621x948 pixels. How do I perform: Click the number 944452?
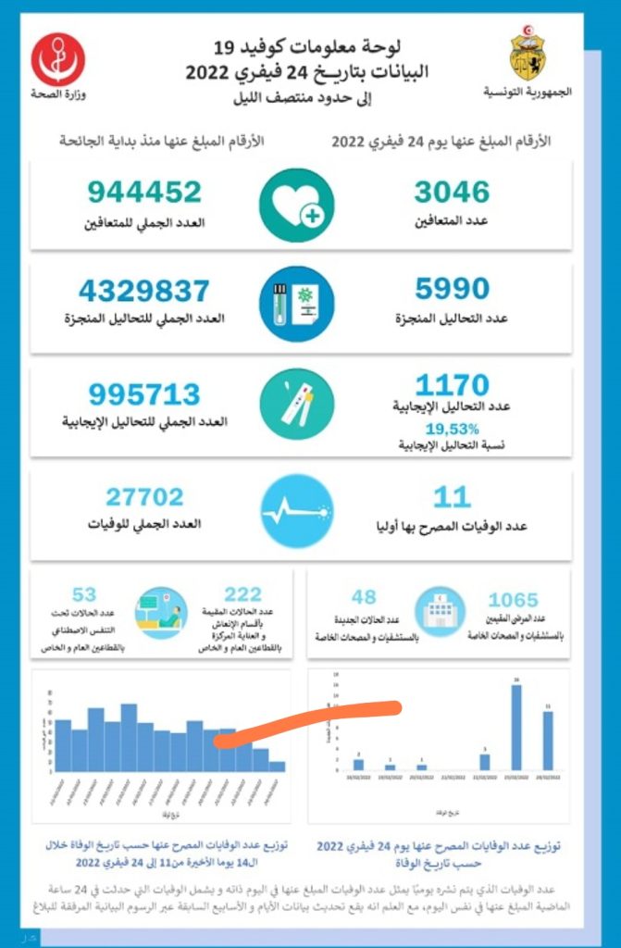click(x=145, y=192)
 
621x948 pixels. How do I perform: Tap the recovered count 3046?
click(x=452, y=192)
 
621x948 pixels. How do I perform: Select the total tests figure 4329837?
click(x=144, y=291)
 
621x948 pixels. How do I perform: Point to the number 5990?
click(x=452, y=291)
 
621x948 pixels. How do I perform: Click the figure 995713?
click(x=144, y=393)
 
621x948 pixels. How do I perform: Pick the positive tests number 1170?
click(x=452, y=385)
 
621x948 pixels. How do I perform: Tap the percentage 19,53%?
click(x=452, y=429)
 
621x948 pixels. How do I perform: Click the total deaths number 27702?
click(x=144, y=497)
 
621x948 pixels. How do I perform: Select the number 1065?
click(x=526, y=600)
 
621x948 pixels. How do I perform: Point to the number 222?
click(x=242, y=594)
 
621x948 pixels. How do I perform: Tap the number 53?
click(x=84, y=594)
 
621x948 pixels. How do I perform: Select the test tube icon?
click(x=296, y=306)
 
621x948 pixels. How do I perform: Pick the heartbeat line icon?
click(x=296, y=510)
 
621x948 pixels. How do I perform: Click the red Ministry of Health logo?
click(x=58, y=58)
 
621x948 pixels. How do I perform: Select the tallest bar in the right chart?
click(x=515, y=727)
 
